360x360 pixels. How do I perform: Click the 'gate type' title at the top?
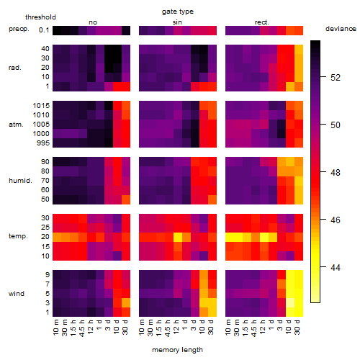(178, 12)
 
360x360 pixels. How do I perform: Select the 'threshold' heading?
(40, 17)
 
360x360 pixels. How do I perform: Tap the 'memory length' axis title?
(178, 350)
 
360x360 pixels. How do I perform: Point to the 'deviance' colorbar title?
(341, 29)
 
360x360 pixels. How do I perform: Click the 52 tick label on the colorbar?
(336, 77)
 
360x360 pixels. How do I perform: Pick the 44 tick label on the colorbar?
(336, 267)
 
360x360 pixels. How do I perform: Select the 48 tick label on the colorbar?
(336, 172)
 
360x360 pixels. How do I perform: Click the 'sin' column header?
(177, 22)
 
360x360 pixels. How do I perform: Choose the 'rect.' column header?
(262, 22)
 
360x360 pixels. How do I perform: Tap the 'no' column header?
(93, 22)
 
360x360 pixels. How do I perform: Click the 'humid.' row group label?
(20, 181)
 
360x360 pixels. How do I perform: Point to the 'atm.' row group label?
(16, 125)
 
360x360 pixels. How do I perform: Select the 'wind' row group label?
(17, 294)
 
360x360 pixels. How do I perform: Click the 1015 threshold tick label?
(41, 106)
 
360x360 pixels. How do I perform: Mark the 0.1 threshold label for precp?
(44, 30)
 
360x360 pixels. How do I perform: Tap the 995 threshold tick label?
(43, 143)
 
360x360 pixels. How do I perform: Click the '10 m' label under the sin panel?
(143, 327)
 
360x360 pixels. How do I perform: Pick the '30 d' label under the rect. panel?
(297, 327)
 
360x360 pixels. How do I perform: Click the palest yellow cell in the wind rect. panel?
(290, 302)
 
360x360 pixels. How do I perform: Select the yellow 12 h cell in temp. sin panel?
(178, 237)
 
